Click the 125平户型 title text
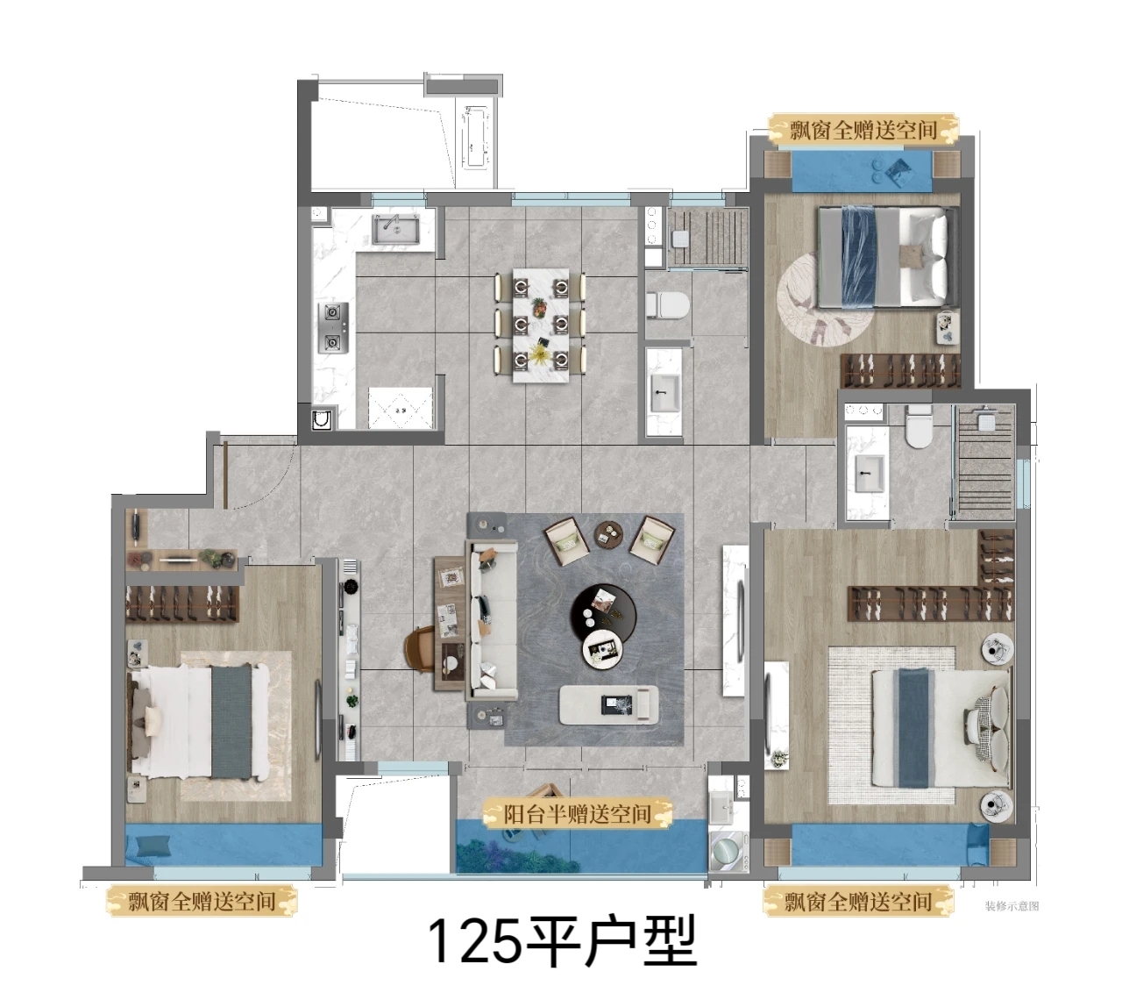pyautogui.click(x=562, y=941)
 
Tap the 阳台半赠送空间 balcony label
pyautogui.click(x=577, y=814)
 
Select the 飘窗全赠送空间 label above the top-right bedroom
pyautogui.click(x=863, y=131)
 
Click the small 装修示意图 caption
pyautogui.click(x=1012, y=905)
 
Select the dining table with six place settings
pyautogui.click(x=541, y=325)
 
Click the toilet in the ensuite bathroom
pyautogui.click(x=919, y=426)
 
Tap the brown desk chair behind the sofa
pyautogui.click(x=421, y=649)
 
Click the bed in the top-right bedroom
pyautogui.click(x=889, y=256)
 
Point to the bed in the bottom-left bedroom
pyautogui.click(x=199, y=721)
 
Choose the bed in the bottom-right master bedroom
pyautogui.click(x=941, y=728)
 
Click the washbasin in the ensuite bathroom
pyautogui.click(x=869, y=474)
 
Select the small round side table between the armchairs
pyautogui.click(x=608, y=533)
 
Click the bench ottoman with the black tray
pyautogui.click(x=609, y=704)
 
